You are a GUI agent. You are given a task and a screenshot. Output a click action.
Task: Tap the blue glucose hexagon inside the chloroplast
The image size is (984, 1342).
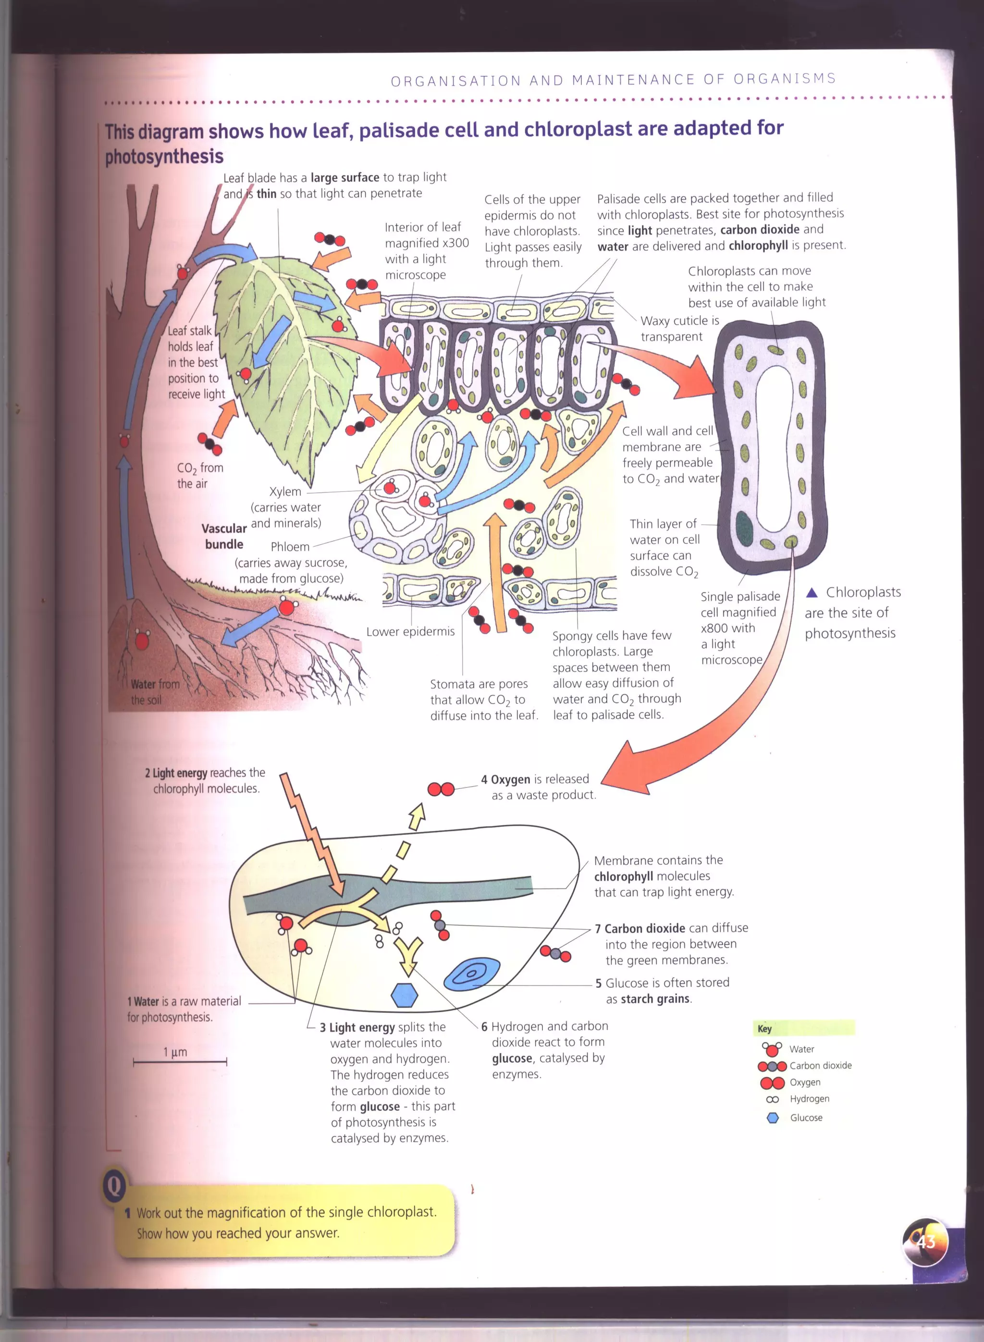click(405, 995)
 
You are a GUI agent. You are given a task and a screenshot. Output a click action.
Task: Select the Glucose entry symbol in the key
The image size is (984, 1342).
click(773, 1118)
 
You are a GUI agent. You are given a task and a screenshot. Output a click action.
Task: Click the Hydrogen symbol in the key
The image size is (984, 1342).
click(773, 1099)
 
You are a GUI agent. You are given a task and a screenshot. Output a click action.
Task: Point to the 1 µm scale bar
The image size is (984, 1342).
click(180, 1061)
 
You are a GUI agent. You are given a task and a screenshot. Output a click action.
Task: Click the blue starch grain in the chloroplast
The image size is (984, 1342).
click(472, 974)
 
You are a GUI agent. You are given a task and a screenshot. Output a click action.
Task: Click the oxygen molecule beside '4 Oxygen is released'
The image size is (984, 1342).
click(441, 789)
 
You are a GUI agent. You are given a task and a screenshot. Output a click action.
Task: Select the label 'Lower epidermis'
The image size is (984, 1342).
click(410, 631)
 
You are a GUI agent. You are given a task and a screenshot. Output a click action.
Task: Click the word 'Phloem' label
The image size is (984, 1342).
click(290, 547)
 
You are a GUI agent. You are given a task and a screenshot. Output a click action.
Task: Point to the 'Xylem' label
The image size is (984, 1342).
click(285, 492)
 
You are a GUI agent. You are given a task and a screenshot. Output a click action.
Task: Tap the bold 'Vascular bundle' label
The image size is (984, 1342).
click(224, 536)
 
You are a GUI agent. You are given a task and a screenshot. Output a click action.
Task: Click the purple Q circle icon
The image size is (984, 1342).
click(114, 1186)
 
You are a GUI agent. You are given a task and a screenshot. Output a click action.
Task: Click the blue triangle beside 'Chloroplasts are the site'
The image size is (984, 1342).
click(811, 592)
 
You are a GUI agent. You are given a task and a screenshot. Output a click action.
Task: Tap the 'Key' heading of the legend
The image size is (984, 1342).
click(764, 1029)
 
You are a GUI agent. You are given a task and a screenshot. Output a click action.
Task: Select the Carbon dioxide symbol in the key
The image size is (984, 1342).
click(772, 1066)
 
